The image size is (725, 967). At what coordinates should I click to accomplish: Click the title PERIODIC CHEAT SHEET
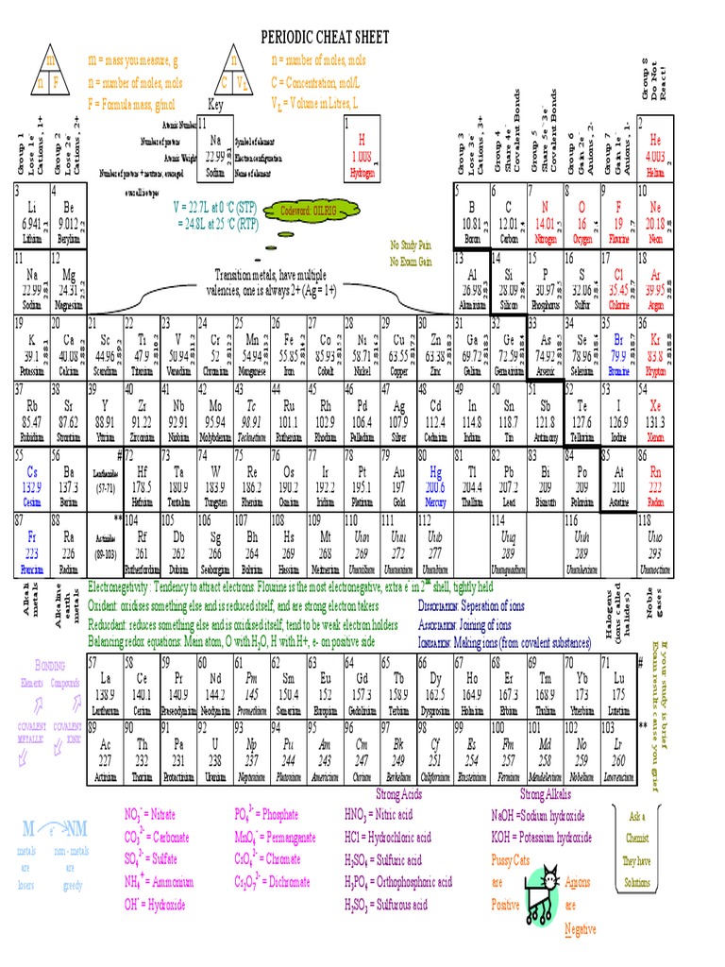pos(325,36)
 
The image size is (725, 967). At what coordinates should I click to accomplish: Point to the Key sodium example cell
pos(215,149)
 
